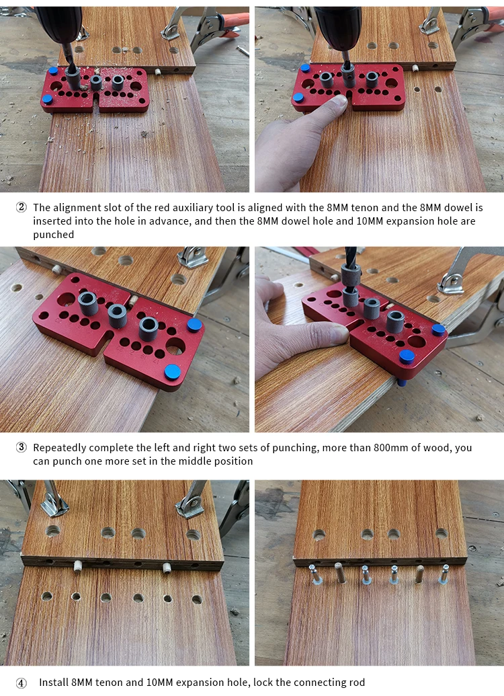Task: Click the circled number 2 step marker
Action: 22,207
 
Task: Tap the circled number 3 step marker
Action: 22,447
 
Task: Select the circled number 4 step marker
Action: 22,683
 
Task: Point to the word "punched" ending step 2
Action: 53,235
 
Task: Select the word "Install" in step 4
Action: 54,683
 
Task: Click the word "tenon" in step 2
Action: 364,208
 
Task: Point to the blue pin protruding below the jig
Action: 402,382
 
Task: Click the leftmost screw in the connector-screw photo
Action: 316,576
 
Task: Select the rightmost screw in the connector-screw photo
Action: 444,574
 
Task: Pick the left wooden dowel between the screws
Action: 340,573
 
